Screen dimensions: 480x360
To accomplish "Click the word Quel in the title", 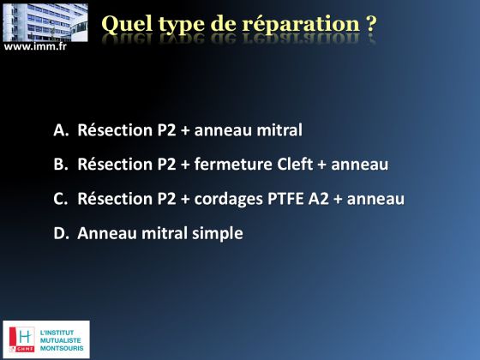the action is pos(127,24).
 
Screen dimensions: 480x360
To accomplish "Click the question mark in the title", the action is pos(371,24).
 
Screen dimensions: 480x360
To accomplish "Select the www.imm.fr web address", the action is pos(35,46).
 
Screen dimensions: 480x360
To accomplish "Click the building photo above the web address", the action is pos(45,22).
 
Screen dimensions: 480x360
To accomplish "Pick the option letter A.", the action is pos(61,130).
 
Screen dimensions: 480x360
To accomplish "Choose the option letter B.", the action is pos(61,164).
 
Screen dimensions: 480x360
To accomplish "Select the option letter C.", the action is pos(60,199).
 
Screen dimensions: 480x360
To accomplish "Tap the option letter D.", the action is pos(61,233).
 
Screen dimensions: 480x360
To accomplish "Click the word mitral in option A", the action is pos(279,130).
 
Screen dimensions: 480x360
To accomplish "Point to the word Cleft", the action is pos(295,164).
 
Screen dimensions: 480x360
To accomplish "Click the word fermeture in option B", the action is pos(233,164).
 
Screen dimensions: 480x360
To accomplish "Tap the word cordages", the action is pos(228,199).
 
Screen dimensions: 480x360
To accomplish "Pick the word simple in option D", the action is pos(218,234).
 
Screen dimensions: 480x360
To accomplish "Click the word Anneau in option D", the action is pos(107,233).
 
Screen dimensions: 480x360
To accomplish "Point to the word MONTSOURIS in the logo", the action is pos(62,348).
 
